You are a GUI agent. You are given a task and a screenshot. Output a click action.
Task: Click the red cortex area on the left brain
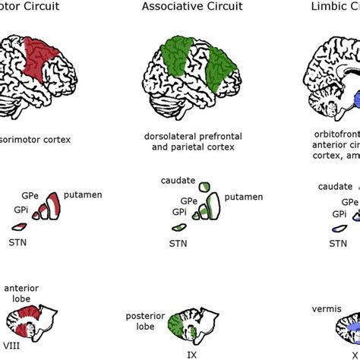[x=41, y=59]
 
